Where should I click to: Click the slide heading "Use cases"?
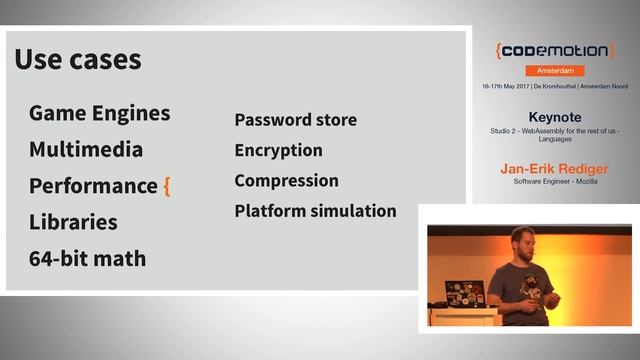78,59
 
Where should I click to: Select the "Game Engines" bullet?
99,113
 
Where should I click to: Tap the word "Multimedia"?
86,150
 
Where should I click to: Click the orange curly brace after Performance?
167,186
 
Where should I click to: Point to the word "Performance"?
93,186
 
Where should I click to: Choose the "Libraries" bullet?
73,222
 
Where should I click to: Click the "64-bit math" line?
87,259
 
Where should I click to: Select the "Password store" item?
295,120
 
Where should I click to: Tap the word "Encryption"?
278,151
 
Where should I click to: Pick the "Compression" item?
286,181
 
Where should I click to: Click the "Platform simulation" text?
315,212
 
